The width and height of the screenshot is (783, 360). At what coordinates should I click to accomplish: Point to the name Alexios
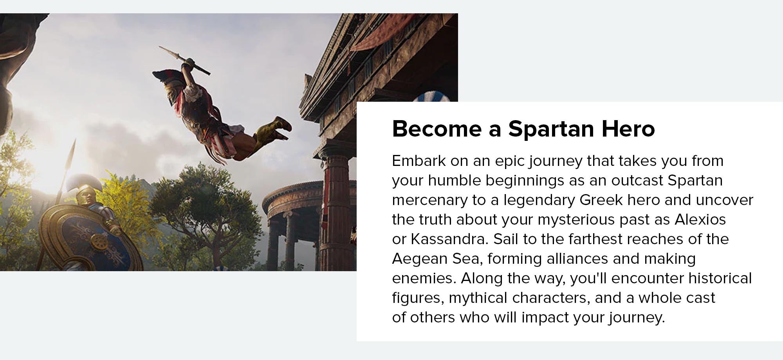700,220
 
